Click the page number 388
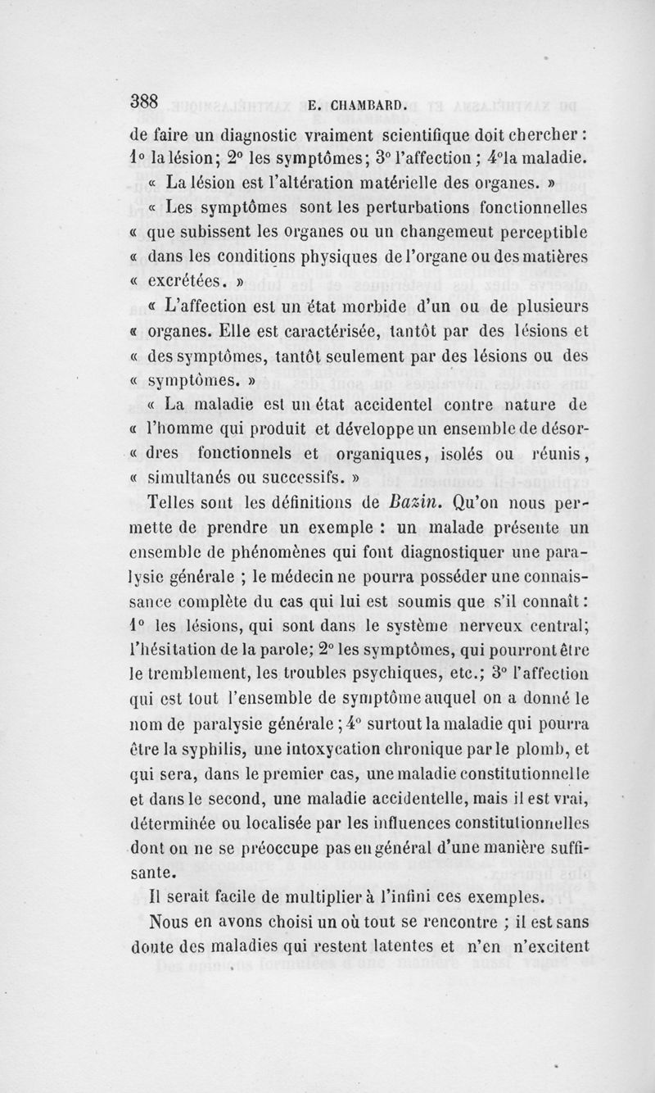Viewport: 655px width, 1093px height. coord(151,101)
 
